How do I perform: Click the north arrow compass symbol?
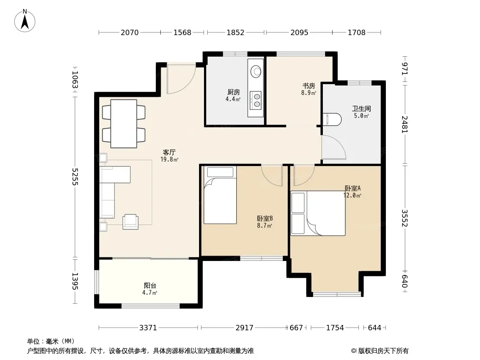25,21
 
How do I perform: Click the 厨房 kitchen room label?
234,92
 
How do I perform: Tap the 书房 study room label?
308,86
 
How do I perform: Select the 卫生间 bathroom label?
362,108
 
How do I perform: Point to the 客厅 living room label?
169,152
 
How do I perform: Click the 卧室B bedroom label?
265,218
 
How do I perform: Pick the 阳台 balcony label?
150,286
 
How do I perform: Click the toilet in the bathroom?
332,119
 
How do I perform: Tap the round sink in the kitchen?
256,72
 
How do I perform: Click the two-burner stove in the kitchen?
256,100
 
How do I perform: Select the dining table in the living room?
124,124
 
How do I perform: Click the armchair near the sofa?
131,222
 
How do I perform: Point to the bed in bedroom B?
220,195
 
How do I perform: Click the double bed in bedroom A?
318,213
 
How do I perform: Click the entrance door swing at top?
181,79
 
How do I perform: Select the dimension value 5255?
75,176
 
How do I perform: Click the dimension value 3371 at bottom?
148,328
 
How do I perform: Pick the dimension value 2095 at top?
299,32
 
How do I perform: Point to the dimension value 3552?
405,218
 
